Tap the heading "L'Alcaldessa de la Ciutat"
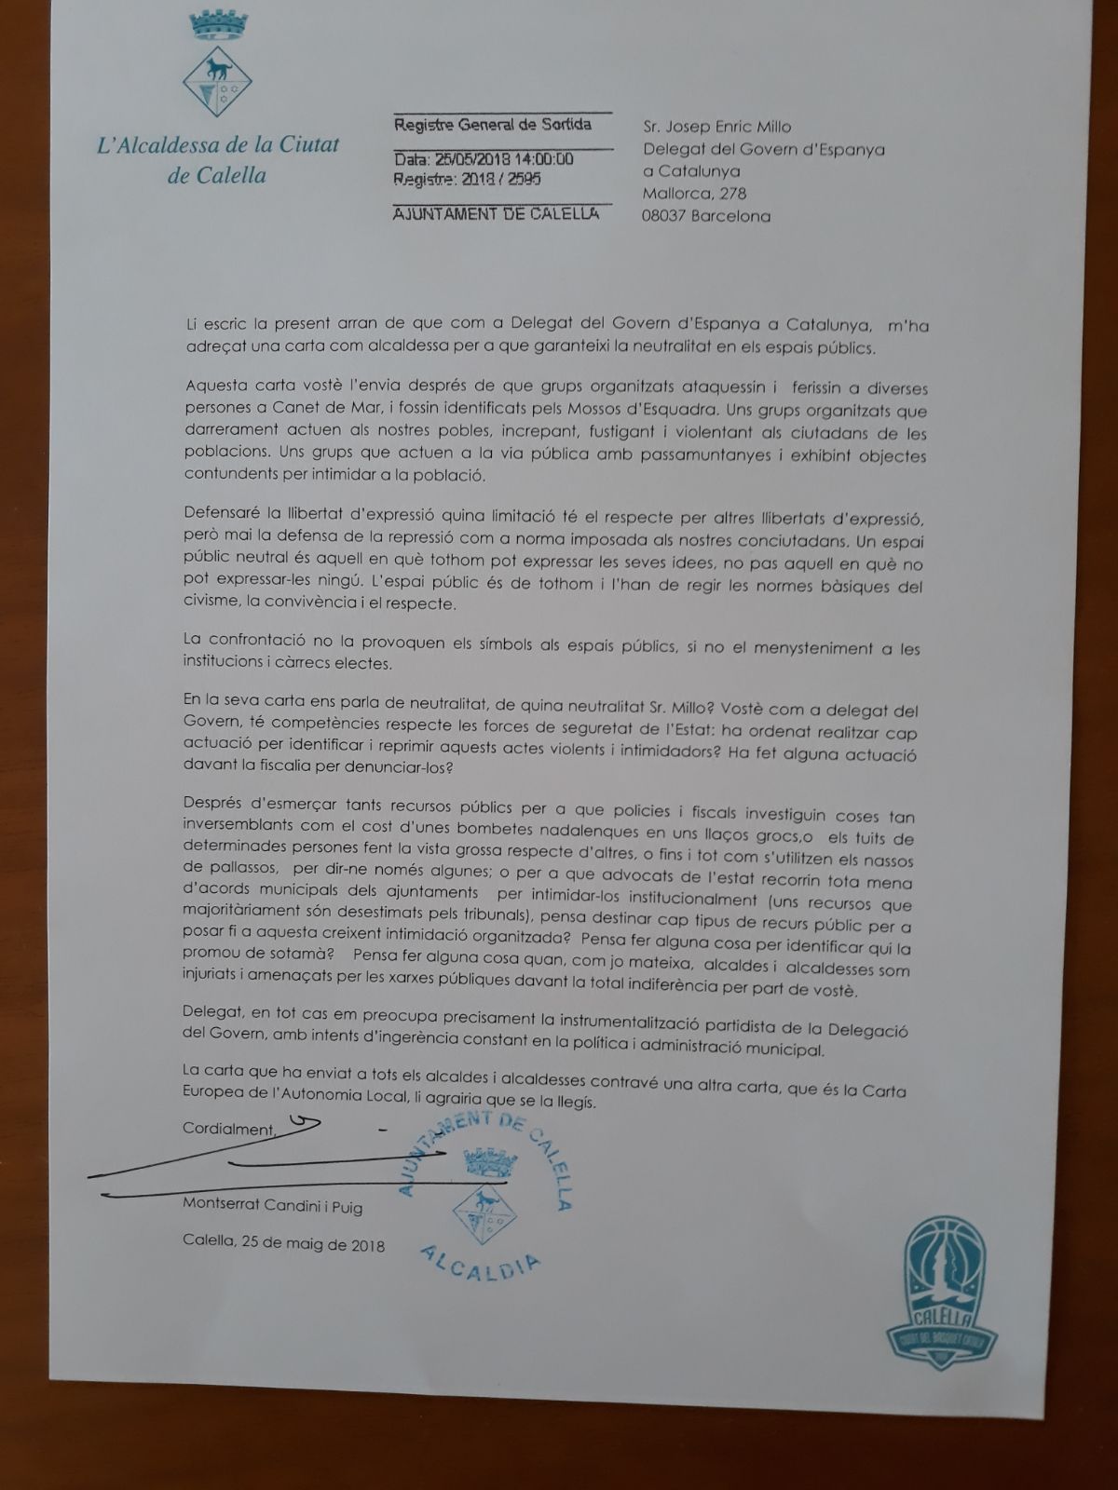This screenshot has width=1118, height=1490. point(218,144)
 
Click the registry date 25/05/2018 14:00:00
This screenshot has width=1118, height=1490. point(484,159)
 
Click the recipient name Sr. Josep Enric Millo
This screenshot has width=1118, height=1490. point(717,128)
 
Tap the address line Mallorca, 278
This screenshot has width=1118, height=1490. point(694,194)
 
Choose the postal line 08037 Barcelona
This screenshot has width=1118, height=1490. point(707,216)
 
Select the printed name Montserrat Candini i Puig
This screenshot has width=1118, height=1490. point(272,1208)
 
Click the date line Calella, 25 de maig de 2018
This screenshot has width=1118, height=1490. point(283,1244)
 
